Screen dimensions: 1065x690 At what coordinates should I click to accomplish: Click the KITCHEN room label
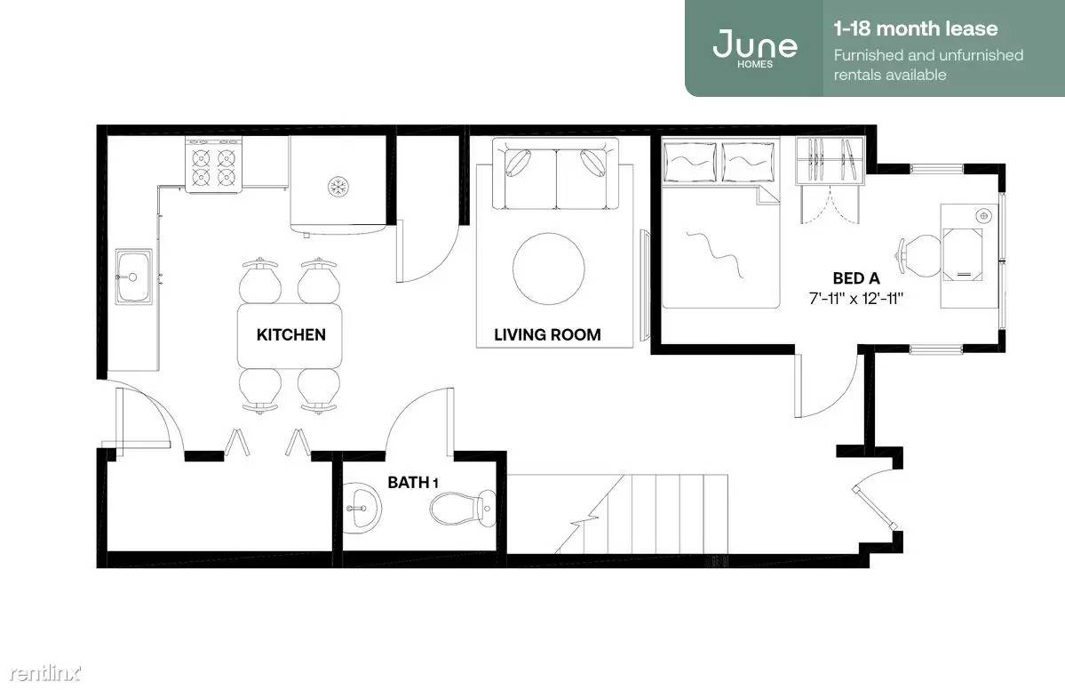click(x=290, y=334)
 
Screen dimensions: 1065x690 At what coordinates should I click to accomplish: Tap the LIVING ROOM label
click(x=547, y=334)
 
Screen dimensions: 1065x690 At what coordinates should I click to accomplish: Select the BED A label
click(x=855, y=278)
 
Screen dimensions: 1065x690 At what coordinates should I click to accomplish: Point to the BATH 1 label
click(x=412, y=483)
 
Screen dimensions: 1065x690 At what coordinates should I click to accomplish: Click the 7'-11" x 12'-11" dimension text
click(x=855, y=299)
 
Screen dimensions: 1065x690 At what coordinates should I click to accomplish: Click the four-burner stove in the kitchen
click(x=214, y=164)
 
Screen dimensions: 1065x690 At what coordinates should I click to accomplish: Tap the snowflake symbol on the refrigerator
click(x=338, y=186)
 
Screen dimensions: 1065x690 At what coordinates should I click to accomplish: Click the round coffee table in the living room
click(x=548, y=269)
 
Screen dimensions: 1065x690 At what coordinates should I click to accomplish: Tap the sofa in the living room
click(x=555, y=174)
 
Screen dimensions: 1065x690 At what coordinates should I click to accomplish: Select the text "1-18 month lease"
click(x=916, y=28)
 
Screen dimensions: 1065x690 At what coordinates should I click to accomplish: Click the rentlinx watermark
click(x=44, y=673)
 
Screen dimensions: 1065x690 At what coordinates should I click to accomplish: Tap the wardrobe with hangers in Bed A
click(x=830, y=160)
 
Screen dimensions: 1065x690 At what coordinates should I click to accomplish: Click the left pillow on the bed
click(x=689, y=162)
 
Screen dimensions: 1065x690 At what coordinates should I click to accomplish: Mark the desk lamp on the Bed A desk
click(x=983, y=216)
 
